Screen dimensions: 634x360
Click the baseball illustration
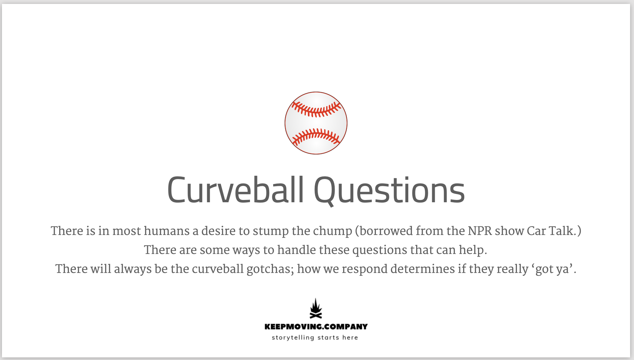(316, 123)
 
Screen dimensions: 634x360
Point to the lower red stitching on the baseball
(316, 136)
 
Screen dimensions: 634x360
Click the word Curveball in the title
(236, 190)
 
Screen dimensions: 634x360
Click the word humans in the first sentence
(167, 231)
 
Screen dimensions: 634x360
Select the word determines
(422, 269)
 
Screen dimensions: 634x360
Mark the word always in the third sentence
(132, 269)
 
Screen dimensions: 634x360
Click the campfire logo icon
(316, 308)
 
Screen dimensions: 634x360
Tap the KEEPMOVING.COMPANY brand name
(316, 327)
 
